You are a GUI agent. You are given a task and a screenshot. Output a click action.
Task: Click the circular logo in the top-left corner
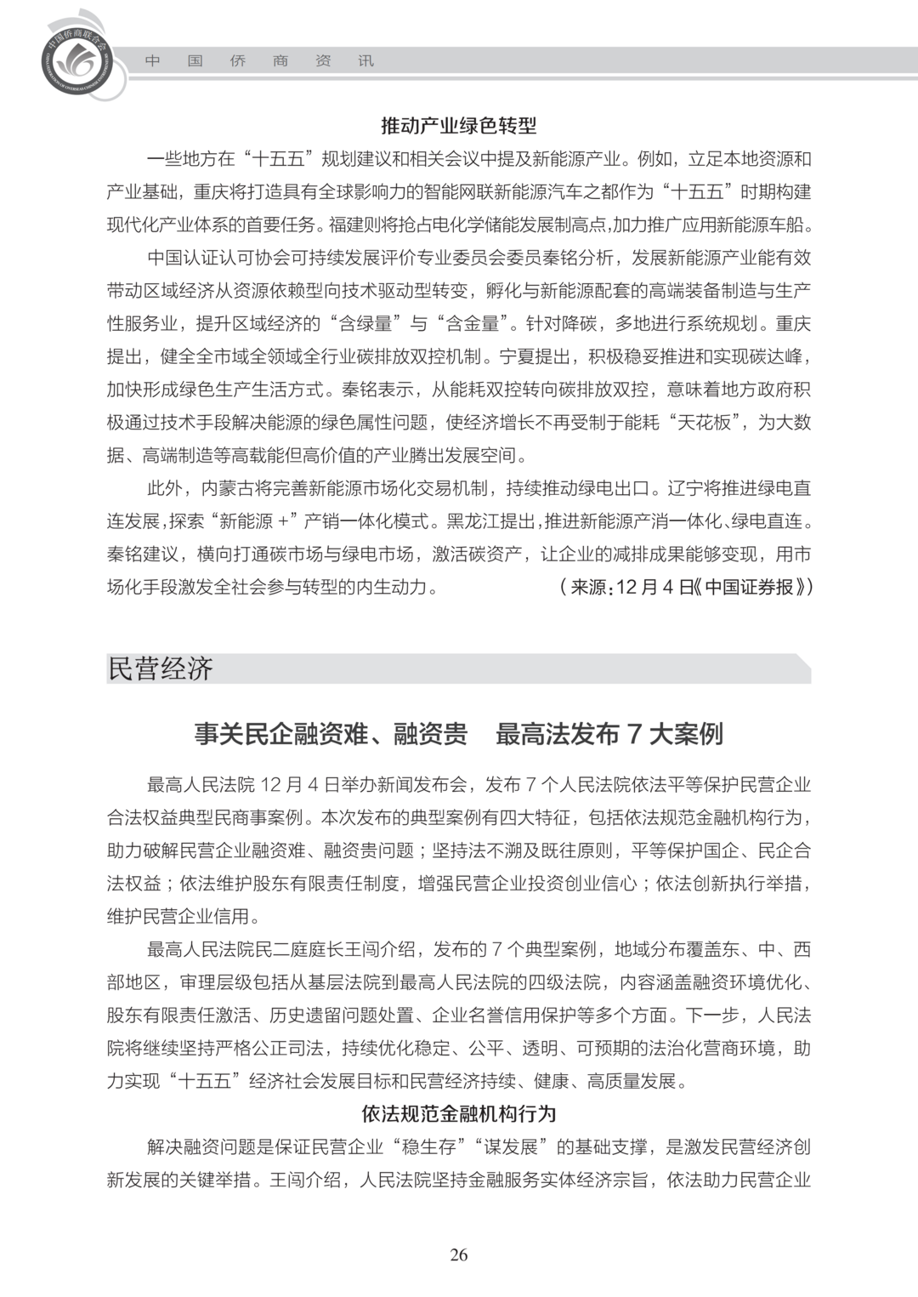click(x=76, y=59)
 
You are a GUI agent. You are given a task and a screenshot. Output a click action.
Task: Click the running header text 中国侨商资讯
click(x=258, y=61)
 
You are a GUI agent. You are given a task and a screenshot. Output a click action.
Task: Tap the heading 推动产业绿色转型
click(x=459, y=127)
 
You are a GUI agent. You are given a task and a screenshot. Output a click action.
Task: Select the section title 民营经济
click(x=160, y=668)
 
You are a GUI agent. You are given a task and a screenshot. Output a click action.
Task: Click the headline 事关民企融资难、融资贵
click(x=331, y=734)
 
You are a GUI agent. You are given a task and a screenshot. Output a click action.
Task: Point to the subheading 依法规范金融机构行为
click(x=459, y=1114)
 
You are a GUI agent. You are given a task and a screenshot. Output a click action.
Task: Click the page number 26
click(x=459, y=1255)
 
